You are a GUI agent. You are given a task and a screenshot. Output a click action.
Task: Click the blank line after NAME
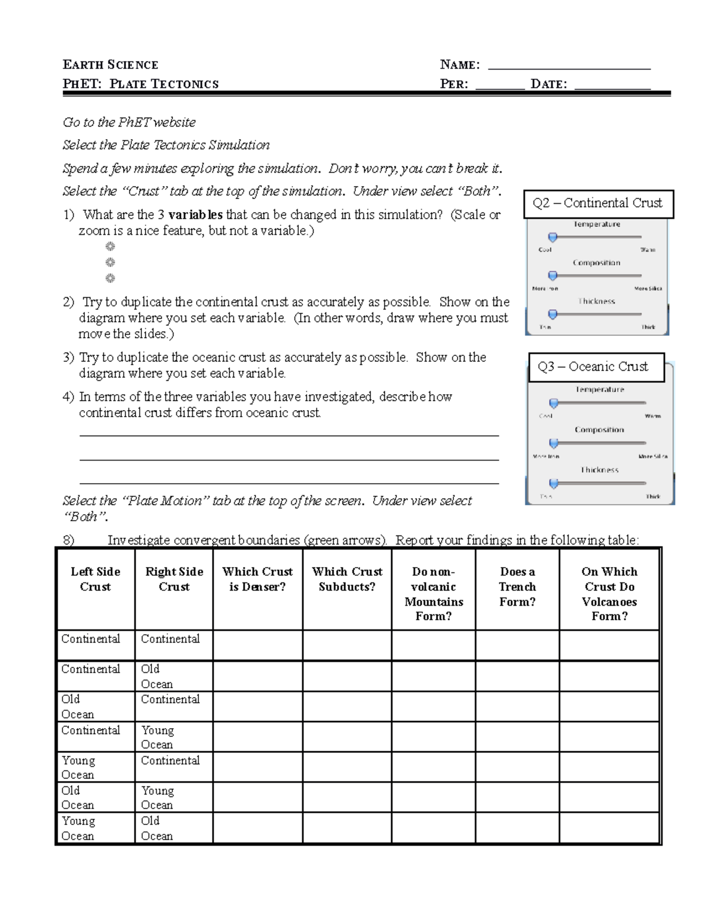tap(569, 67)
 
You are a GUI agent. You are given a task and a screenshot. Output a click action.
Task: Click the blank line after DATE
tap(613, 86)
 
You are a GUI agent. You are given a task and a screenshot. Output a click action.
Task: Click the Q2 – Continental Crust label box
tap(597, 203)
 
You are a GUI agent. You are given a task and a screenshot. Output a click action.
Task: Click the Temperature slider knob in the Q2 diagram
tap(553, 237)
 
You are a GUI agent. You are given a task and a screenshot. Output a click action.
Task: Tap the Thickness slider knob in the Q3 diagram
tap(554, 483)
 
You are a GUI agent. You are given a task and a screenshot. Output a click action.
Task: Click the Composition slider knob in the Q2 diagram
tap(553, 276)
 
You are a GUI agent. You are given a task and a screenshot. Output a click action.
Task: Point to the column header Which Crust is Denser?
tap(257, 579)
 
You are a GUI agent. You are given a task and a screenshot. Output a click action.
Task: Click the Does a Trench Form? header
tap(517, 587)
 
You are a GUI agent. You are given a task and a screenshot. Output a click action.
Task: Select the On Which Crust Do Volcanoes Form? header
tap(609, 594)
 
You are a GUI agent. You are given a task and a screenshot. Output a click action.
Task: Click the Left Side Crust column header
tap(95, 579)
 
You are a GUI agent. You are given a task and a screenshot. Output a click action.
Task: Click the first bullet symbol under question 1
tap(110, 247)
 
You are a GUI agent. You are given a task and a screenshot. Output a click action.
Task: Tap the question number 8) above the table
tap(68, 540)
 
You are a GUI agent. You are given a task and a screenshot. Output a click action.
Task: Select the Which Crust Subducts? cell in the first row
tap(347, 645)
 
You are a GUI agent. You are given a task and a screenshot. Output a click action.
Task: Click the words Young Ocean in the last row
tap(78, 828)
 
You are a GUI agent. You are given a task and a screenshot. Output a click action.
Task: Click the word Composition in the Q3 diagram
tap(599, 430)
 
